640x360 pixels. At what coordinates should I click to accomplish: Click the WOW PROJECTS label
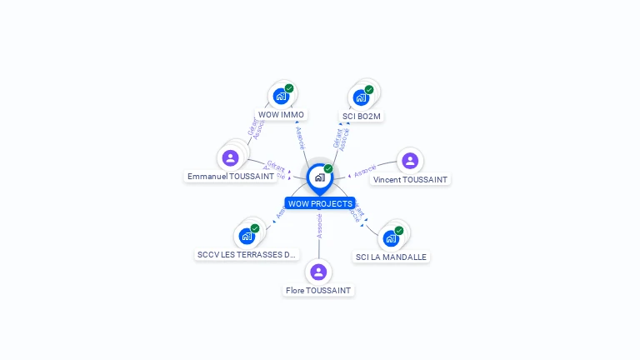tap(320, 203)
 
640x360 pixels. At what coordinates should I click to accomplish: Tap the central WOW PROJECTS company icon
tap(319, 177)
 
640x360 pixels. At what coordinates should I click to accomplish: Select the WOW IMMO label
tap(281, 115)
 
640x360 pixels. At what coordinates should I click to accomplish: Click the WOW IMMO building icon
tap(281, 97)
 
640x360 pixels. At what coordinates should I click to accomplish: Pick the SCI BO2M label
tap(362, 116)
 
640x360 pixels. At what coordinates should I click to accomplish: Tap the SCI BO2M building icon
tap(361, 97)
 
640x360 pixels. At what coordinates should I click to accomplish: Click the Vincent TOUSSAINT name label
tap(410, 179)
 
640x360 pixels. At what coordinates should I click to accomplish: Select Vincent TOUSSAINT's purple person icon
tap(409, 160)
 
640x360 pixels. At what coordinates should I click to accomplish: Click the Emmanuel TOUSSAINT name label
tap(231, 177)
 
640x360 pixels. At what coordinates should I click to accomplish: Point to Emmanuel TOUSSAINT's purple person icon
tap(231, 158)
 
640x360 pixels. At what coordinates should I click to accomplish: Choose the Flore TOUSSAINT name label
tap(318, 291)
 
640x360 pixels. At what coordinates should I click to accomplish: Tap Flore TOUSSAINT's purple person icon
tap(318, 272)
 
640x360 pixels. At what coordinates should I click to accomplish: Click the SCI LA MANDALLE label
tap(391, 257)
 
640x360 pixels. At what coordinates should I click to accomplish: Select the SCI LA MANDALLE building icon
tap(391, 238)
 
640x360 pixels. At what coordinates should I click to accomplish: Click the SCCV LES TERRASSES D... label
tap(246, 254)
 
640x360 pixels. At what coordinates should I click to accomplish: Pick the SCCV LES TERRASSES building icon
tap(247, 236)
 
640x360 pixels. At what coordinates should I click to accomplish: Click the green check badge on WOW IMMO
tap(289, 88)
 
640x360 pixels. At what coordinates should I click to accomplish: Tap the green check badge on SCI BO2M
tap(369, 89)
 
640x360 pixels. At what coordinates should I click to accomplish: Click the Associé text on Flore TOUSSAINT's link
tap(319, 226)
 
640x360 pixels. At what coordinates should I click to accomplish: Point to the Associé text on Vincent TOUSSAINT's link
tap(364, 172)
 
